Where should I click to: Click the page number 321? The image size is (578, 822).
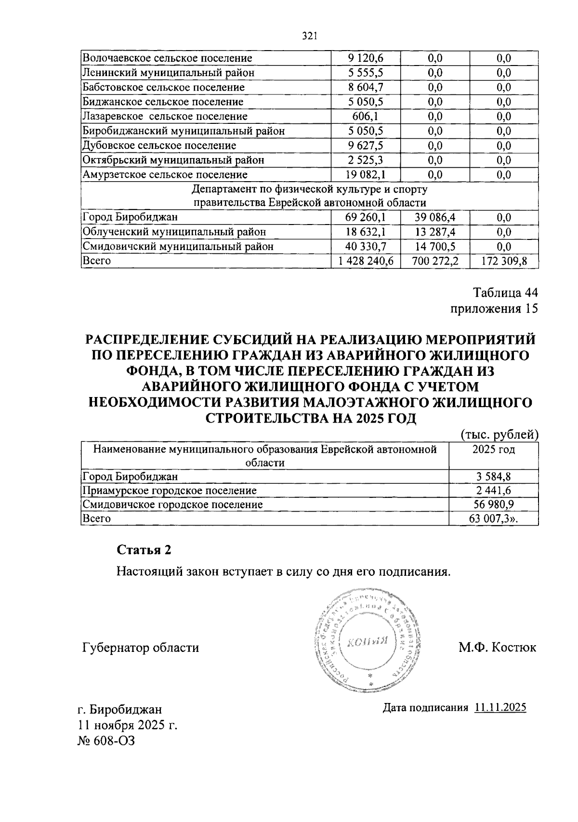pos(308,36)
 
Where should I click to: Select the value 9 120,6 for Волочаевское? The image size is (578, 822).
pos(365,58)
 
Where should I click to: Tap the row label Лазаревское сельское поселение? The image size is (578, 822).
pos(165,117)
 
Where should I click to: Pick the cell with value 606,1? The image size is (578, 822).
pos(365,117)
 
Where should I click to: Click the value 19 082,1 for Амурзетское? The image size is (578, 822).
pos(365,174)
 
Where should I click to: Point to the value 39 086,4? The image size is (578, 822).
pos(434,217)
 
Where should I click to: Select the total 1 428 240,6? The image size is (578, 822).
pos(365,261)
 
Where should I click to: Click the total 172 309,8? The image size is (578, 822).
pos(504,261)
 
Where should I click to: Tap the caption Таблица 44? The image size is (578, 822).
pos(505,293)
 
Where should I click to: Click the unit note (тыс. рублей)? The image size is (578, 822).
pos(499,435)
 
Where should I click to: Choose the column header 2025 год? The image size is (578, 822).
pos(493,450)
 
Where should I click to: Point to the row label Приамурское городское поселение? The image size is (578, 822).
pos(170,491)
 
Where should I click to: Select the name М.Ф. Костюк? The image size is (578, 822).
pos(497,647)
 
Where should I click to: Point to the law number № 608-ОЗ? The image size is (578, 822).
pos(106,741)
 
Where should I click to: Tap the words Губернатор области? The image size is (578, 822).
pos(141,648)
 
